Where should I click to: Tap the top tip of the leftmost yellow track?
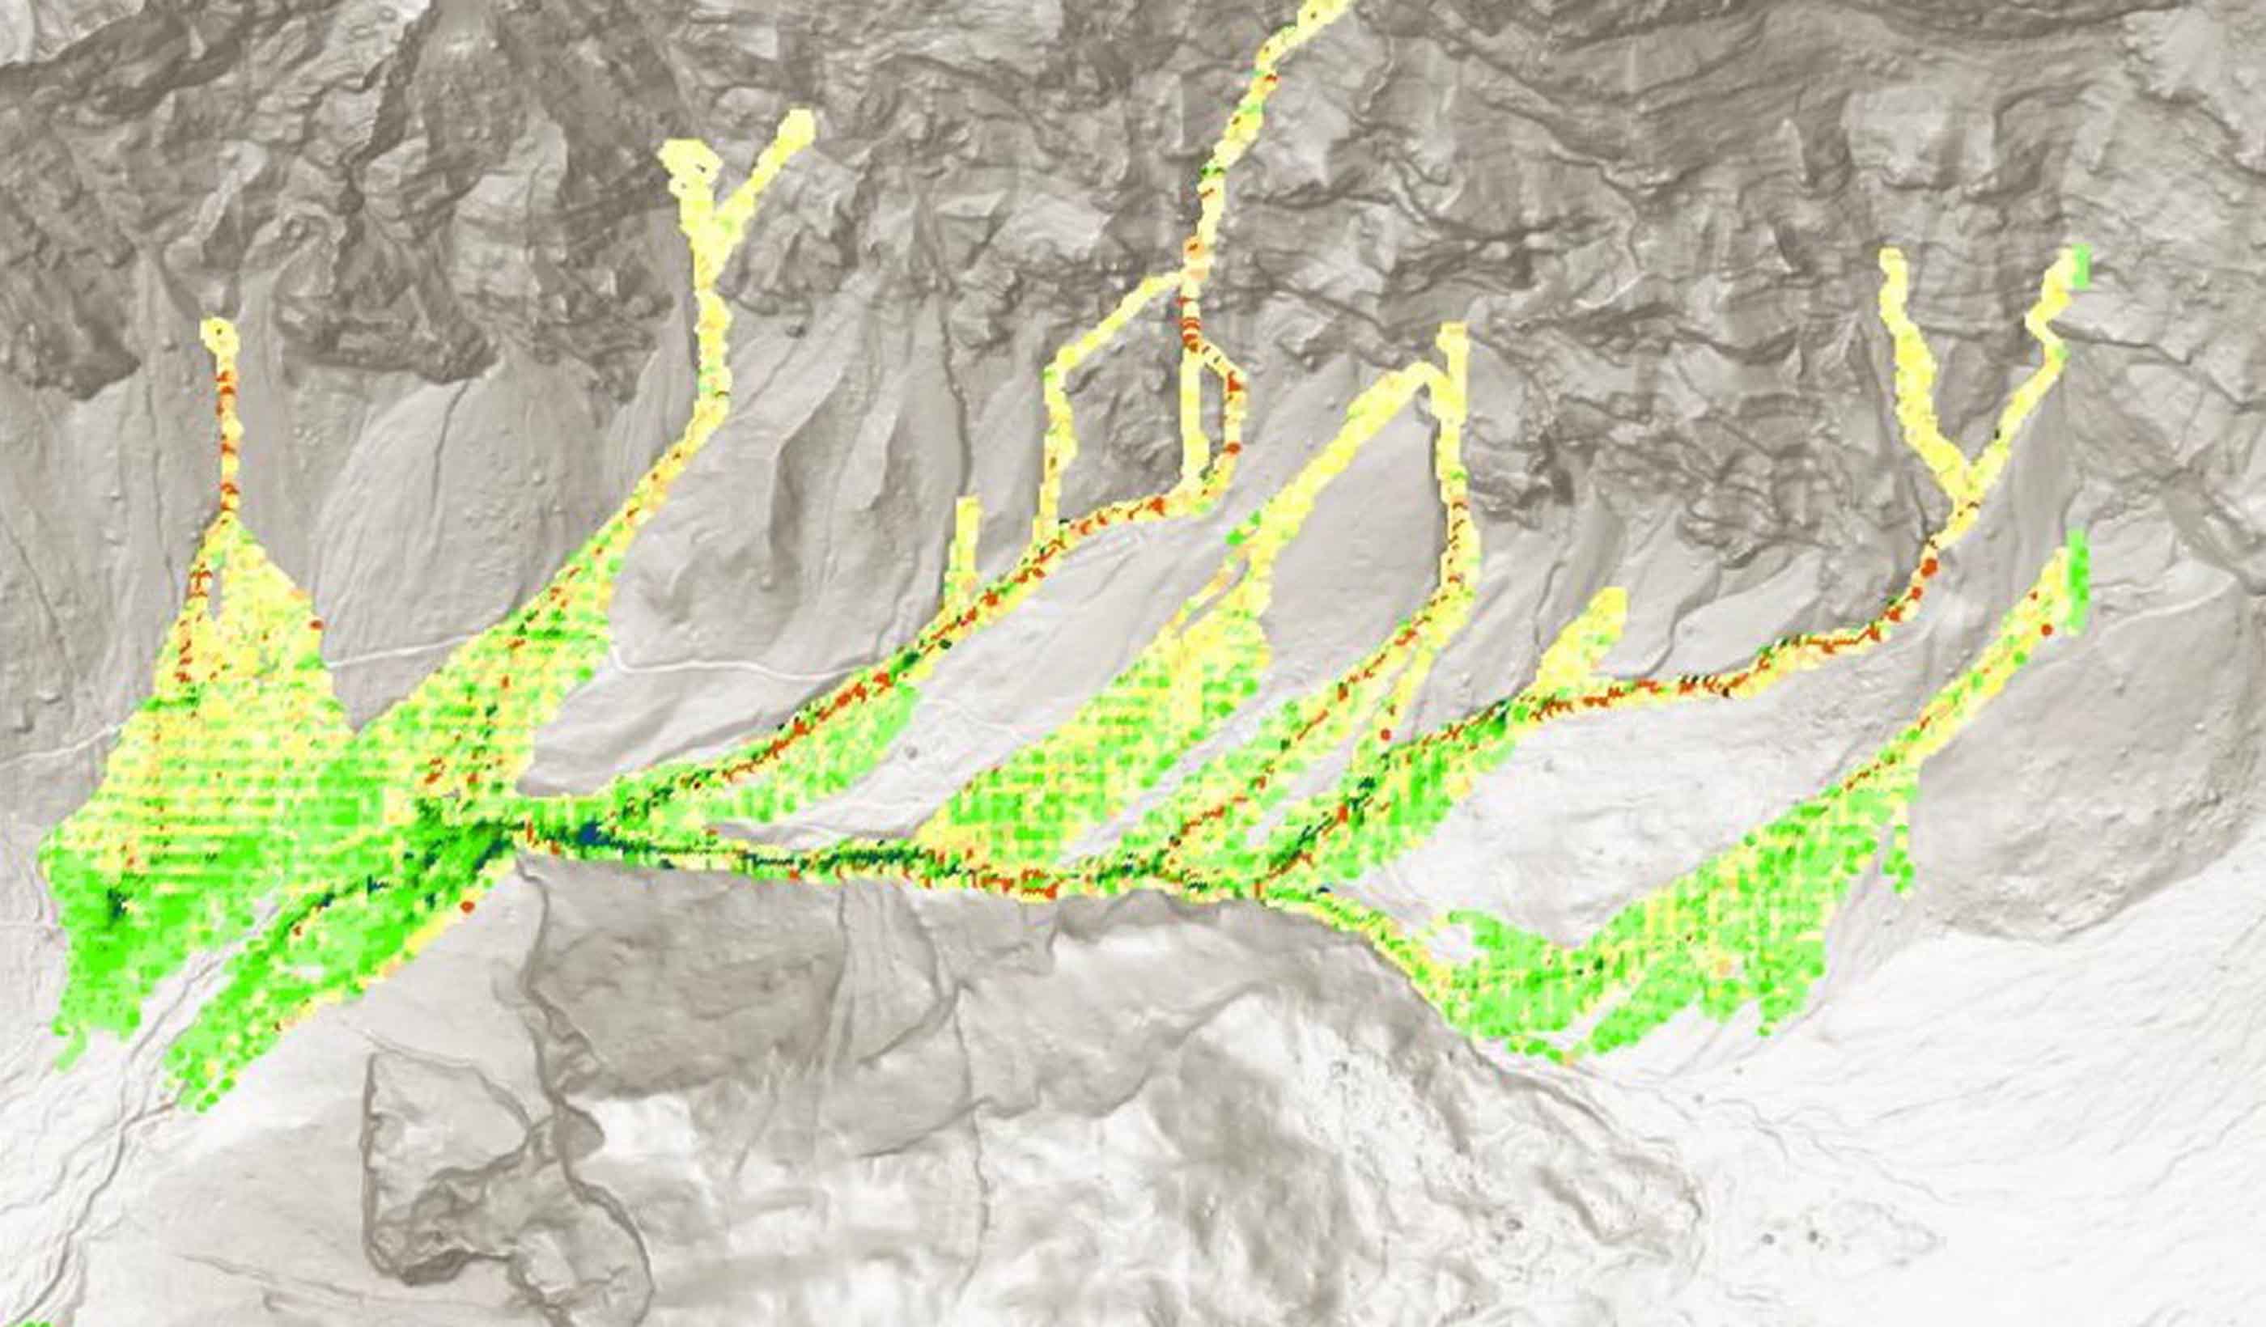tap(219, 329)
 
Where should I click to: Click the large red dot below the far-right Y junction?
tap(1928, 566)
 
